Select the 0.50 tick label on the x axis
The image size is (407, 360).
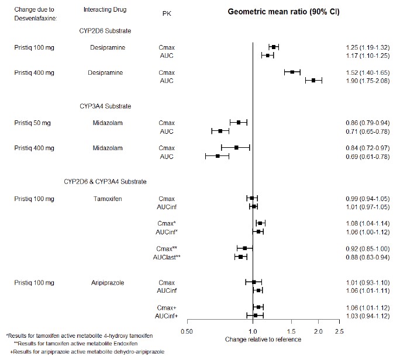(187, 332)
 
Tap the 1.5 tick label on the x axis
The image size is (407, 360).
(291, 332)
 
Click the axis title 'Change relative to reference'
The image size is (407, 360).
(263, 339)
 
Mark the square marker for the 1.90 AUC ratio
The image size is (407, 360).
(313, 81)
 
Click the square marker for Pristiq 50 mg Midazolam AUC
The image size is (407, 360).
(220, 131)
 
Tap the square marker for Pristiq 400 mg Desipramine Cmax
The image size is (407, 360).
(292, 72)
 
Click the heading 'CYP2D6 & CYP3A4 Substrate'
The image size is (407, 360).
(105, 182)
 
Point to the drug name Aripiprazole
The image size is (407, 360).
(105, 283)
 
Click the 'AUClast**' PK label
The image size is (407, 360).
(167, 257)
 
